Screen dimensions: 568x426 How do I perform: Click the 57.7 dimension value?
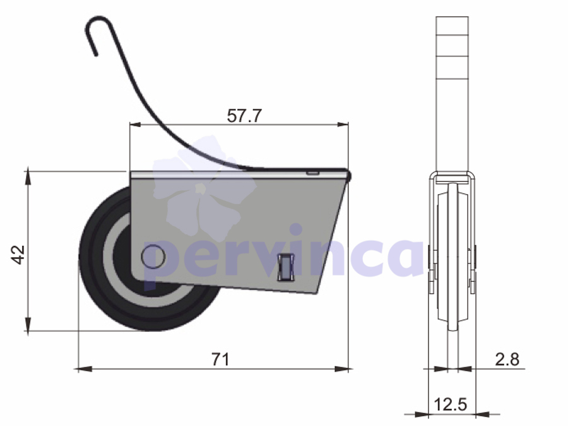[x=244, y=116]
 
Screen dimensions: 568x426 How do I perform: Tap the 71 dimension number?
[x=221, y=359]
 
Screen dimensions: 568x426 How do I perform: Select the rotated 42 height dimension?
[x=18, y=255]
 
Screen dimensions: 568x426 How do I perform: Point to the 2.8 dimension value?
[x=507, y=359]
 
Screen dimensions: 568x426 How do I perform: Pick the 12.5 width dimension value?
[x=450, y=405]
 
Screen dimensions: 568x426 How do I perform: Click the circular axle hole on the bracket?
[x=153, y=257]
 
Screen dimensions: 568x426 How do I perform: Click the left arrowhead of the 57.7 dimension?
[x=135, y=125]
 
